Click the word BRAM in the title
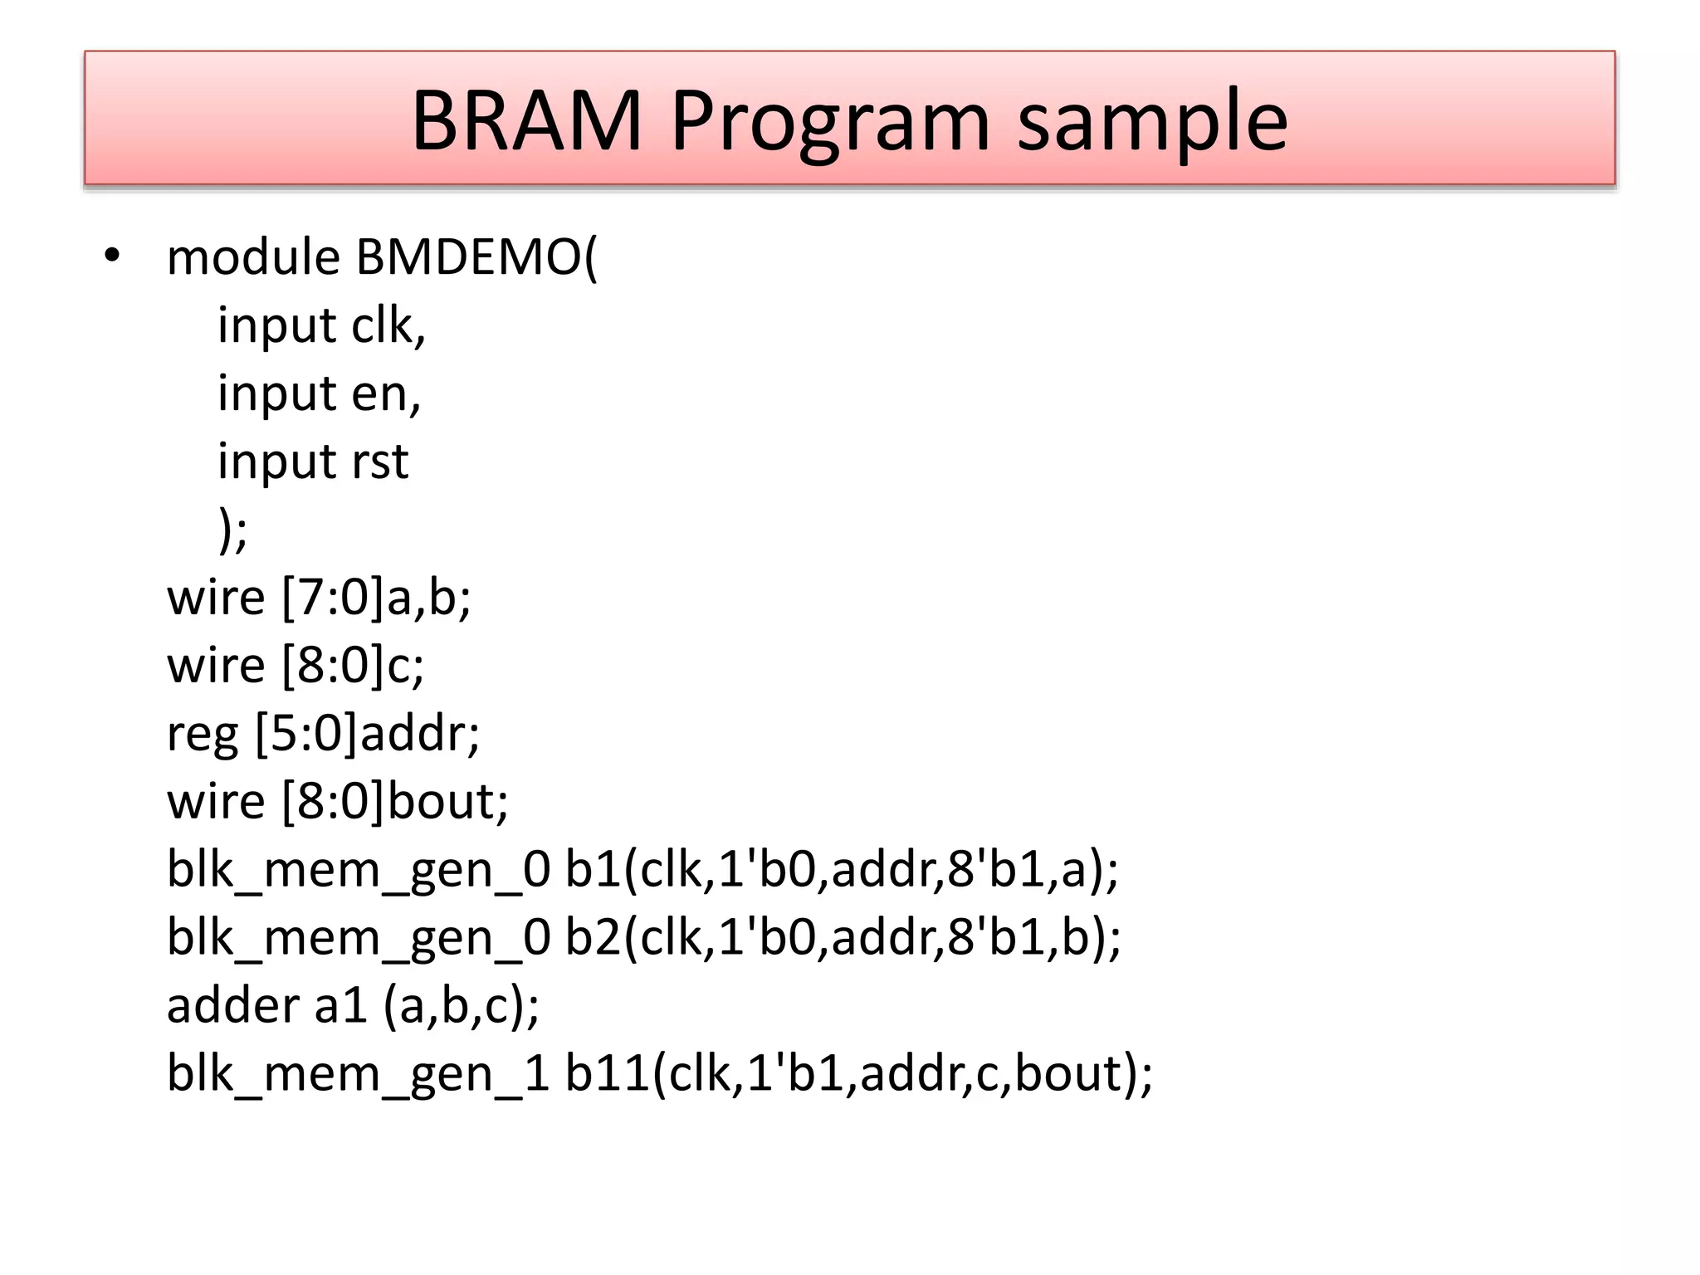526,121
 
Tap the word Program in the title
830,123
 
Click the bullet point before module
113,256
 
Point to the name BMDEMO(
476,257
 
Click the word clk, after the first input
388,325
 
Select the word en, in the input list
386,394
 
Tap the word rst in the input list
379,462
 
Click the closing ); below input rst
232,530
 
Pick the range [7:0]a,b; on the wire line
376,598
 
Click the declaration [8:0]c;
353,666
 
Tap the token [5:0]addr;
367,734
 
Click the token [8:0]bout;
394,802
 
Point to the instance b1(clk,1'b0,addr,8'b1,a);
841,870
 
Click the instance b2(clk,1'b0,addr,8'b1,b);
843,938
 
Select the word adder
232,1006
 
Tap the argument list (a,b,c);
461,1006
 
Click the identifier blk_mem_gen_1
358,1074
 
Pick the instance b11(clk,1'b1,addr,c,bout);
858,1074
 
